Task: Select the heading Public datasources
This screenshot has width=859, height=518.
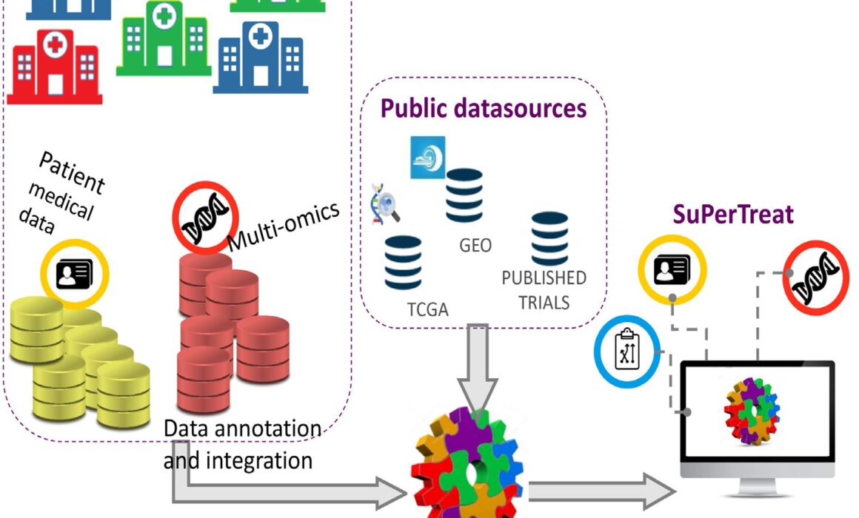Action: tap(484, 109)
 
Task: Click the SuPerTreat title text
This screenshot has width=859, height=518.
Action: tap(733, 215)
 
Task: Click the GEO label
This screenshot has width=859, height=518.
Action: tap(475, 245)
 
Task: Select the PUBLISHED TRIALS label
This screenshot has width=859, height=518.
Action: tap(544, 289)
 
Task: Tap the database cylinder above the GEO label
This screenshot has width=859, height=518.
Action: tap(464, 195)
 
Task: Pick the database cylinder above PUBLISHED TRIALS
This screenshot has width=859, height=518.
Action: tap(549, 239)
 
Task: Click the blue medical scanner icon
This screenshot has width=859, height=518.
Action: tap(427, 157)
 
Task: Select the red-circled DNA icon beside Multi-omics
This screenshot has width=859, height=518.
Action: tap(204, 215)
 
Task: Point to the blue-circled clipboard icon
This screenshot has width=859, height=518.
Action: tap(628, 350)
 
